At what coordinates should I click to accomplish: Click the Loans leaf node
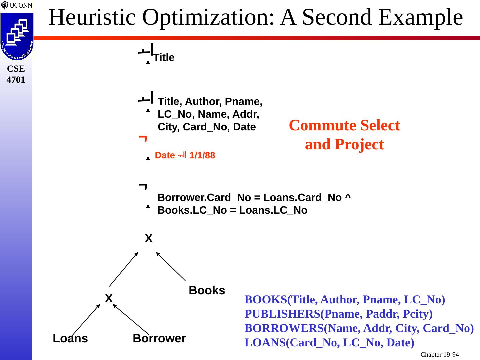pos(70,338)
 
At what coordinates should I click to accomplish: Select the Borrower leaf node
pos(159,338)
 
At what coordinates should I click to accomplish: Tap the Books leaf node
pos(207,290)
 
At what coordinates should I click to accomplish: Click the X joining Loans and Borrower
pos(109,298)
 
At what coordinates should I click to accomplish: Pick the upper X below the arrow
pos(149,239)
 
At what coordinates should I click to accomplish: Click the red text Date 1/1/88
pos(185,155)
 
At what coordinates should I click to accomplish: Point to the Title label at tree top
pos(164,58)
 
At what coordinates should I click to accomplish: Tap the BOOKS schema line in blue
pos(345,300)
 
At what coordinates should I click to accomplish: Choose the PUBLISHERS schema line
pos(338,314)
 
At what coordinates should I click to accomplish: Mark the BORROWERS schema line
pos(359,328)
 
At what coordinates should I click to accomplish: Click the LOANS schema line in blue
pos(329,343)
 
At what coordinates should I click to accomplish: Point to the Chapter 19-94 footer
pos(439,355)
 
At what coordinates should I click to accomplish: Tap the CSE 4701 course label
pos(16,74)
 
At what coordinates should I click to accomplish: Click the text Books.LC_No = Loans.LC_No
pos(232,210)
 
